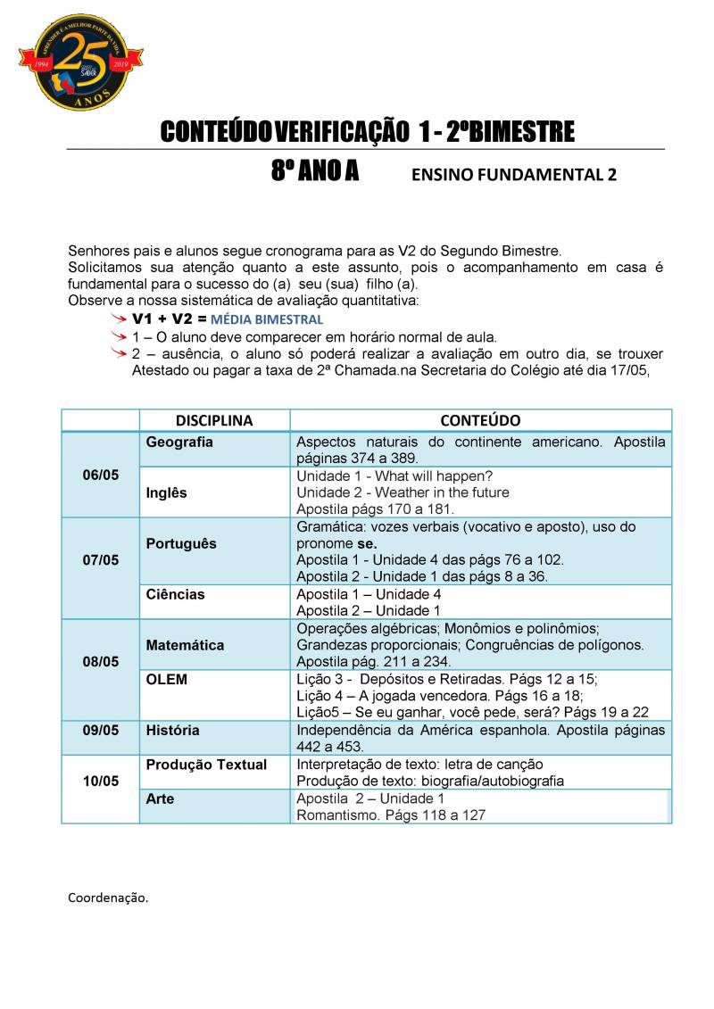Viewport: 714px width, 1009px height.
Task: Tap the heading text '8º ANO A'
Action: (x=315, y=172)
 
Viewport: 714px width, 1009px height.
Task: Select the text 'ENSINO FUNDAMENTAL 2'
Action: (x=513, y=176)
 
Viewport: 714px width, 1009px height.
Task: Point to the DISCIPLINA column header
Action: (x=214, y=420)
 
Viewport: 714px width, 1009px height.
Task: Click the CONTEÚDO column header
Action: (x=480, y=420)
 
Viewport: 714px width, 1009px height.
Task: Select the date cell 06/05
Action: (x=100, y=475)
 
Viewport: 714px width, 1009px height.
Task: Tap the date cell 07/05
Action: (x=100, y=560)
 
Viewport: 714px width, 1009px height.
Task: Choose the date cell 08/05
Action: (x=100, y=662)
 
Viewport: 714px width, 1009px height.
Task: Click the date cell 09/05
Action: (x=100, y=730)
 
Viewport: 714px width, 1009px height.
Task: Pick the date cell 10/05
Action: (x=100, y=781)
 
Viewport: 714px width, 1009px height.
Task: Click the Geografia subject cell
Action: (x=179, y=442)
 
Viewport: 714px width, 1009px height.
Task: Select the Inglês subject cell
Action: (x=167, y=492)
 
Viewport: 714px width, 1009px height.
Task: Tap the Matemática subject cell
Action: (x=185, y=645)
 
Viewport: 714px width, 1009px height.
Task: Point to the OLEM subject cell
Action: (x=167, y=680)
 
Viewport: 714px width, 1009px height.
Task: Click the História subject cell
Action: (x=173, y=730)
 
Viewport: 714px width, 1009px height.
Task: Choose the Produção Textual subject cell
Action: (x=206, y=765)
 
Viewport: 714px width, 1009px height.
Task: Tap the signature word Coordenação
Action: (x=108, y=897)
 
